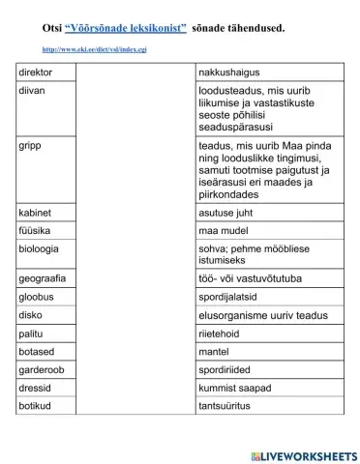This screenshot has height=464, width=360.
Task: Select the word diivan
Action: pos(34,89)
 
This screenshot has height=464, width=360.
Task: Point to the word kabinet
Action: pos(37,211)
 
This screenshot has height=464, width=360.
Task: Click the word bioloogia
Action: pos(42,249)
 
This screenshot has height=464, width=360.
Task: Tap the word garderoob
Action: pos(45,368)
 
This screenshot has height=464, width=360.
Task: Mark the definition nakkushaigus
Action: pos(227,72)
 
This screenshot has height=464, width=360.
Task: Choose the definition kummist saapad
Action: pos(232,387)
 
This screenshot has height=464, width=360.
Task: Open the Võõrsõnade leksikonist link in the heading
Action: pos(124,28)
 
